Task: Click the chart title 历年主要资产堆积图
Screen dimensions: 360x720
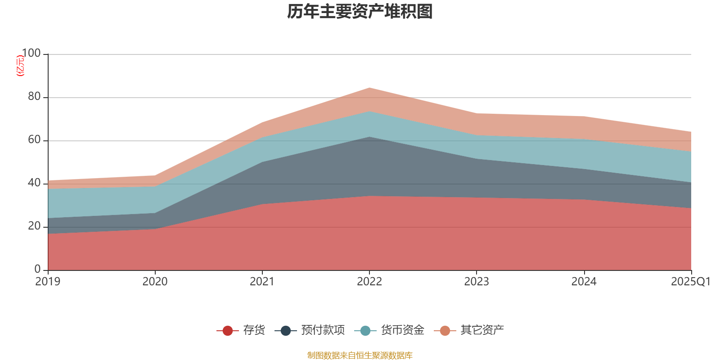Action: (x=360, y=12)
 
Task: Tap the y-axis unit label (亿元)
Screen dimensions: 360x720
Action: (x=20, y=66)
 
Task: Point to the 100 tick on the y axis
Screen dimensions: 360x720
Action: (x=31, y=54)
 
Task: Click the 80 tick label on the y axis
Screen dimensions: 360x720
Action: (x=34, y=97)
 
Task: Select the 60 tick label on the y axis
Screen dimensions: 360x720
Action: (x=34, y=140)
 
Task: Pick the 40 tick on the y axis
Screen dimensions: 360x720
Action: (x=34, y=183)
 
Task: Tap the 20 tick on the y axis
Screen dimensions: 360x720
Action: (x=34, y=226)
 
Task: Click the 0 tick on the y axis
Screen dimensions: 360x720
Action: (x=37, y=270)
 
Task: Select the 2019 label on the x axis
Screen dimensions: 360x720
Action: (x=48, y=282)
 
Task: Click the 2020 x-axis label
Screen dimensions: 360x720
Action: (x=155, y=282)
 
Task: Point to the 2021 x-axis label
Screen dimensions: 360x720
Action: (x=262, y=282)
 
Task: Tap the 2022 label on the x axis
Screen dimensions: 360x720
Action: (x=369, y=282)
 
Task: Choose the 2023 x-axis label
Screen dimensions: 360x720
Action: (x=477, y=282)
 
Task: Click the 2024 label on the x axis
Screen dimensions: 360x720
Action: (x=584, y=282)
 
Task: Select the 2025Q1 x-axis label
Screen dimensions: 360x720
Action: (x=690, y=282)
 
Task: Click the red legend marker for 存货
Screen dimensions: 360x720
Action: (x=228, y=331)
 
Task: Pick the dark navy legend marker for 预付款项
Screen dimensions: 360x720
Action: (x=286, y=331)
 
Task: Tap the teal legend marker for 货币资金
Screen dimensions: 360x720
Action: (x=365, y=331)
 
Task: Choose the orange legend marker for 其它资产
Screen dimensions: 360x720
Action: (x=445, y=331)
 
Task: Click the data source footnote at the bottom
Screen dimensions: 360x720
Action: (x=360, y=355)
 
